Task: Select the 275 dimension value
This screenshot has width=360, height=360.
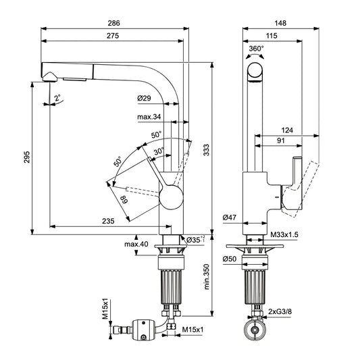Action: (112, 36)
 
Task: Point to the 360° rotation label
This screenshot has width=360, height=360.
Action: (257, 49)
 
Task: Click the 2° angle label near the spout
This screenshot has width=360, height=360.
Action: (59, 97)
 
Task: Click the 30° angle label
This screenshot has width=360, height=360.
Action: (159, 151)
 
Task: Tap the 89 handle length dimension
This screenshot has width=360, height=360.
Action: (124, 200)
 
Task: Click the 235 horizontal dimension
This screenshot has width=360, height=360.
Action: (107, 220)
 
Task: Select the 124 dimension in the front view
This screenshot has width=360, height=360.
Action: (287, 130)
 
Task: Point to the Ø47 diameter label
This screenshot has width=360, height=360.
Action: (230, 218)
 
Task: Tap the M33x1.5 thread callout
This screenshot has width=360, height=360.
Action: (284, 234)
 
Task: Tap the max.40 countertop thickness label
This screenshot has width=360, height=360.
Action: (137, 243)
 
